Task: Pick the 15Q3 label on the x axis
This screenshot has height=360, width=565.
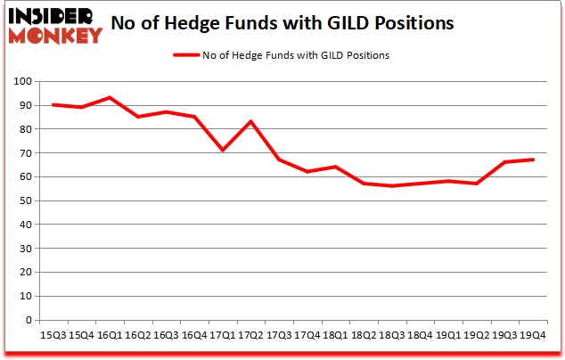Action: tap(53, 335)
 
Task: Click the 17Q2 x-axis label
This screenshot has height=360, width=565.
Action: tap(250, 335)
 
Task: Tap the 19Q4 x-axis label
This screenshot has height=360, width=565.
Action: tap(533, 335)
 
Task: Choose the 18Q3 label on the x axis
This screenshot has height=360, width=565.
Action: tap(392, 335)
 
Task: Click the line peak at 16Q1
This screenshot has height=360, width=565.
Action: tap(109, 98)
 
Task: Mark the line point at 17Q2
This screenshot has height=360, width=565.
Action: tap(250, 122)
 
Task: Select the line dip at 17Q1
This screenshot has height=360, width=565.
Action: tap(222, 151)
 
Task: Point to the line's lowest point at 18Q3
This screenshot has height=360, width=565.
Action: tap(392, 186)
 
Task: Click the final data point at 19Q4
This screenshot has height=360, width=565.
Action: tap(533, 160)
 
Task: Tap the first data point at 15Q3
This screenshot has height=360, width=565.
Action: tap(53, 105)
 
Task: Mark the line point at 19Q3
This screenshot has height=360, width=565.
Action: tap(504, 162)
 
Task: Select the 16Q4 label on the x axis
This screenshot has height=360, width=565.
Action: tap(193, 335)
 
